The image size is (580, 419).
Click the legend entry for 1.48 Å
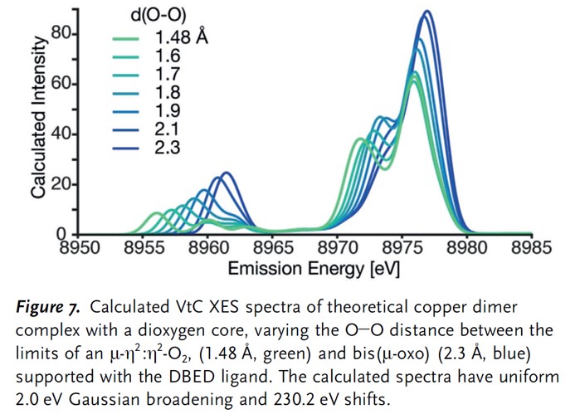[x=178, y=37]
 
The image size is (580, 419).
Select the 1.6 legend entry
[x=167, y=56]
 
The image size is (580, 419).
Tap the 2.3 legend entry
[x=167, y=147]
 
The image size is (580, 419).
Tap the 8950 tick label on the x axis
[x=78, y=246]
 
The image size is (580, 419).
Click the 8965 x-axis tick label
[x=271, y=246]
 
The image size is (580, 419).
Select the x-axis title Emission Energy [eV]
[x=304, y=268]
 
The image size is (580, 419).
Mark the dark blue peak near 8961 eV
[x=224, y=173]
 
